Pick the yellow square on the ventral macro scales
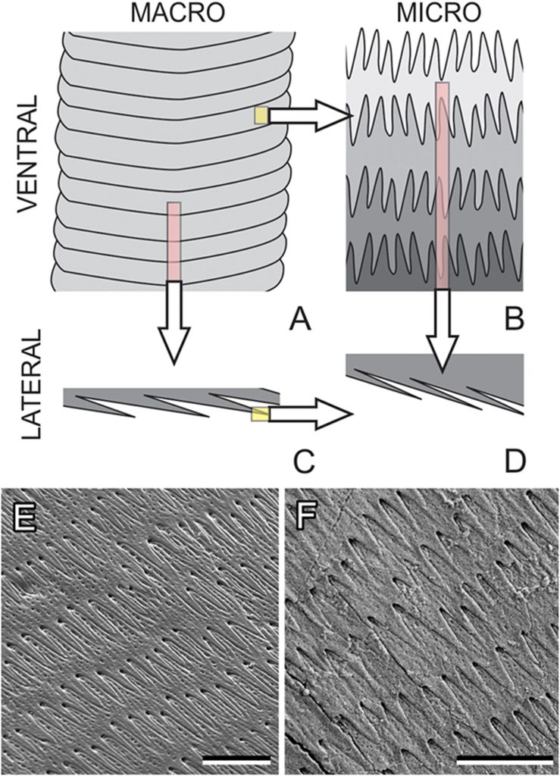click(261, 115)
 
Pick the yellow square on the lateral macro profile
click(261, 413)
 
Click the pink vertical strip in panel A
click(174, 241)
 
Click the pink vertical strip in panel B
click(442, 186)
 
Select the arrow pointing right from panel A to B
click(311, 116)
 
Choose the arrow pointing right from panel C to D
click(311, 414)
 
